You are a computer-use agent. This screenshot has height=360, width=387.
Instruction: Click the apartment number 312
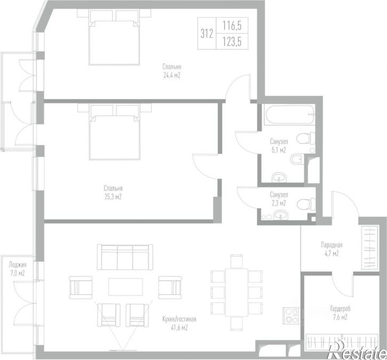(207, 34)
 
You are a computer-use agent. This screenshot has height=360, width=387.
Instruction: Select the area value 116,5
(232, 26)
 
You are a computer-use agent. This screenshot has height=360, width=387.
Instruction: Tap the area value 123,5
(232, 42)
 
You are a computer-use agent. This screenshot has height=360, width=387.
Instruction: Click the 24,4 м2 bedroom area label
(172, 75)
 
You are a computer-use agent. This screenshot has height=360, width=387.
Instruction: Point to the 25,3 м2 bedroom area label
(113, 197)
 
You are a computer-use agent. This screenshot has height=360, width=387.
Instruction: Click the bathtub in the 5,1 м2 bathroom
(289, 115)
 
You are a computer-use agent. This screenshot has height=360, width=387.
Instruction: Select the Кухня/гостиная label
(179, 319)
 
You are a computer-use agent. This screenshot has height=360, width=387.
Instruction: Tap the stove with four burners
(291, 316)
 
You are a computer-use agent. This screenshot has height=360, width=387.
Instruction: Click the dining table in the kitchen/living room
(236, 292)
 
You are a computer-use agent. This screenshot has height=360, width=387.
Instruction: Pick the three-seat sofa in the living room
(125, 257)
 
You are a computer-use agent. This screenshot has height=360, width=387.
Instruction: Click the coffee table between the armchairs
(125, 287)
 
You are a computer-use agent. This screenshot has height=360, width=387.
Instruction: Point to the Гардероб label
(340, 308)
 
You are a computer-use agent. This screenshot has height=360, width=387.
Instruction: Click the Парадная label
(331, 245)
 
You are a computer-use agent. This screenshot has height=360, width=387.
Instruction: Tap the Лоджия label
(18, 265)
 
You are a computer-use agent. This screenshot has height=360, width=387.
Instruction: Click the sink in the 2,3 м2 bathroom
(280, 215)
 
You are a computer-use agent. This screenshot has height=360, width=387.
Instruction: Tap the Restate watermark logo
(357, 350)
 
